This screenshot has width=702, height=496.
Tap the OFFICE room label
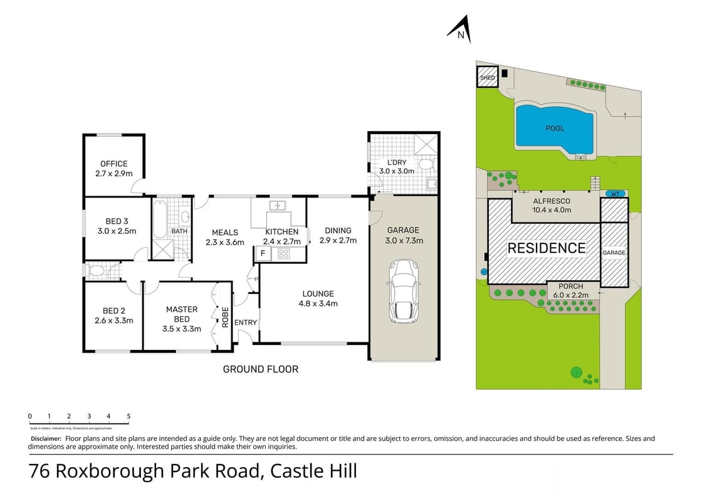[113, 164]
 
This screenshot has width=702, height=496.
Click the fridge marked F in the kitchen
[263, 254]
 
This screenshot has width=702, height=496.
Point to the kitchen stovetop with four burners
[283, 254]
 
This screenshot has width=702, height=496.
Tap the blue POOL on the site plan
[554, 128]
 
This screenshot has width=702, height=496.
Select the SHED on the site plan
[487, 78]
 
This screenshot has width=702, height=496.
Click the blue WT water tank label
[615, 194]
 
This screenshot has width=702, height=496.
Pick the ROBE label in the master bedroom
[224, 317]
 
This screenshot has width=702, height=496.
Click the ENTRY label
[245, 322]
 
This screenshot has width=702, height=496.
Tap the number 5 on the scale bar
[128, 416]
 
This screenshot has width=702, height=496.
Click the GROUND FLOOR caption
[260, 369]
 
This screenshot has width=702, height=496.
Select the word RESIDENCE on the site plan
[546, 248]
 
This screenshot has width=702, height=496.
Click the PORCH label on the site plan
[570, 287]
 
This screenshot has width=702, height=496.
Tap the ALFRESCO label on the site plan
[551, 201]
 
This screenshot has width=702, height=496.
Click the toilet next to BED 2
[97, 272]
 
